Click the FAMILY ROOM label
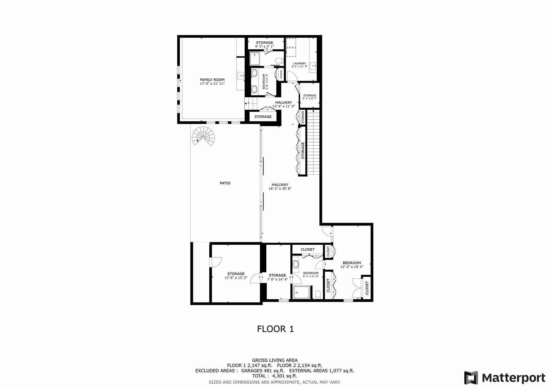pos(212,80)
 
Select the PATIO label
pos(225,183)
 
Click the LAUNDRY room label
pos(299,63)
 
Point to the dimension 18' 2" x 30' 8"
pos(280,189)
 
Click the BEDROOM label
pos(352,263)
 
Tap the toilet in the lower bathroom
pos(318,295)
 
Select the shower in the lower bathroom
pos(301,292)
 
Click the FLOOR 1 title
pos(275,329)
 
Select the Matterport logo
pos(505,378)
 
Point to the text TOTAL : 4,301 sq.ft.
pos(275,376)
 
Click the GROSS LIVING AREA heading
pos(275,360)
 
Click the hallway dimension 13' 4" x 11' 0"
pos(284,106)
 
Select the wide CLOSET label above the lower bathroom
pos(307,249)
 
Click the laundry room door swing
pos(291,76)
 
